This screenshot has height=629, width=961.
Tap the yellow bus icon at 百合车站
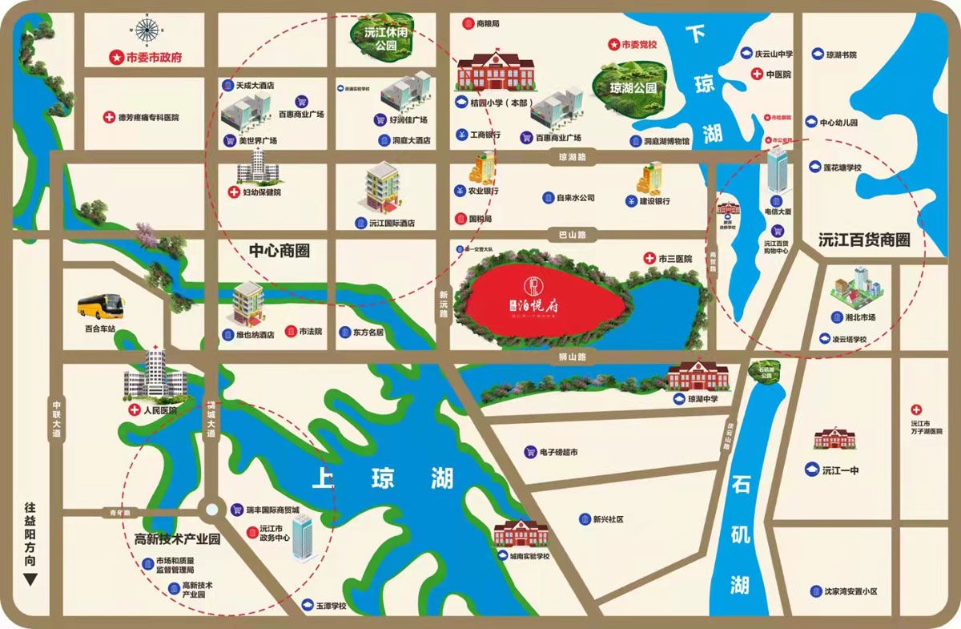pos(101,305)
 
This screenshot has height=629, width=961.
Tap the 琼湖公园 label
pos(633,88)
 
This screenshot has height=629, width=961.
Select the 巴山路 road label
pos(572,235)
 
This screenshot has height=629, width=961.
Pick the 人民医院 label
pos(159,410)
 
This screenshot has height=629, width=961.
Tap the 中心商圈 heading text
pos(279,251)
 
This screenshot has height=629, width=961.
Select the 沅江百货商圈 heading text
pos(865,240)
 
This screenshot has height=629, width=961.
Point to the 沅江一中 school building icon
pos(834,439)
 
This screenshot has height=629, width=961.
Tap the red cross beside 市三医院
pos(649,259)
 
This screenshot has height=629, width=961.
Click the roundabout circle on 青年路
pos(211,509)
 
